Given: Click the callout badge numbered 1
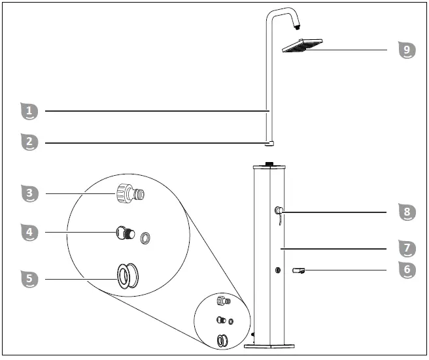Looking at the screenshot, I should [x=29, y=111].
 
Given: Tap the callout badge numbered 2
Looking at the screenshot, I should [x=29, y=142].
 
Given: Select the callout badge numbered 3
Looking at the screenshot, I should [x=29, y=193].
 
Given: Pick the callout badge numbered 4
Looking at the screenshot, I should [x=29, y=232].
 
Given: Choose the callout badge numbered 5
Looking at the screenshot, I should [x=29, y=279].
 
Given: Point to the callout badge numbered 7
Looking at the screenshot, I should [x=407, y=248].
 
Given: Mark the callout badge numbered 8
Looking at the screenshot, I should [x=407, y=212].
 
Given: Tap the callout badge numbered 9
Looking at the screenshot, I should [x=407, y=50].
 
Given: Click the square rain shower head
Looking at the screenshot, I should [x=302, y=46].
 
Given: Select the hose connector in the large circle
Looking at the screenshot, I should [x=129, y=193].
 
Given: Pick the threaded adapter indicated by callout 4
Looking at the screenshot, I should [x=124, y=233].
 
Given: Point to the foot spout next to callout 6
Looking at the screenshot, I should [x=300, y=270].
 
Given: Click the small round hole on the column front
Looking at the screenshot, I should [x=277, y=269].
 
